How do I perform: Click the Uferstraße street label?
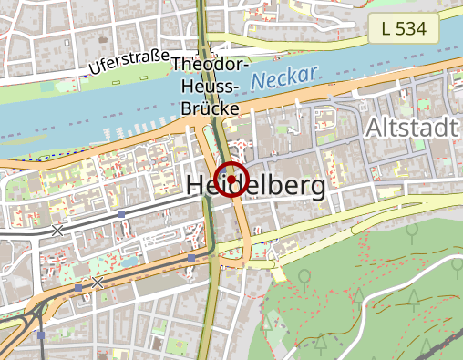click(x=130, y=63)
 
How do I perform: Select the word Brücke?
click(x=211, y=108)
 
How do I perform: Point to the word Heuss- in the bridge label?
click(x=211, y=87)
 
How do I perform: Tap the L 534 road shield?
click(x=405, y=28)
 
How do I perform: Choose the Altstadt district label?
click(x=410, y=129)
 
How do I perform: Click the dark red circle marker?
click(x=231, y=180)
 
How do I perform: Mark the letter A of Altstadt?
click(x=373, y=129)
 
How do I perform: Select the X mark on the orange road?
click(x=97, y=283)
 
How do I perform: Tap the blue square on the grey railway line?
click(x=121, y=215)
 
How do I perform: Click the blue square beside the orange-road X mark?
click(x=78, y=288)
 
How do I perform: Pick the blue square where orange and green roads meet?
click(x=190, y=258)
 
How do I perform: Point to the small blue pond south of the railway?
click(x=128, y=262)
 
